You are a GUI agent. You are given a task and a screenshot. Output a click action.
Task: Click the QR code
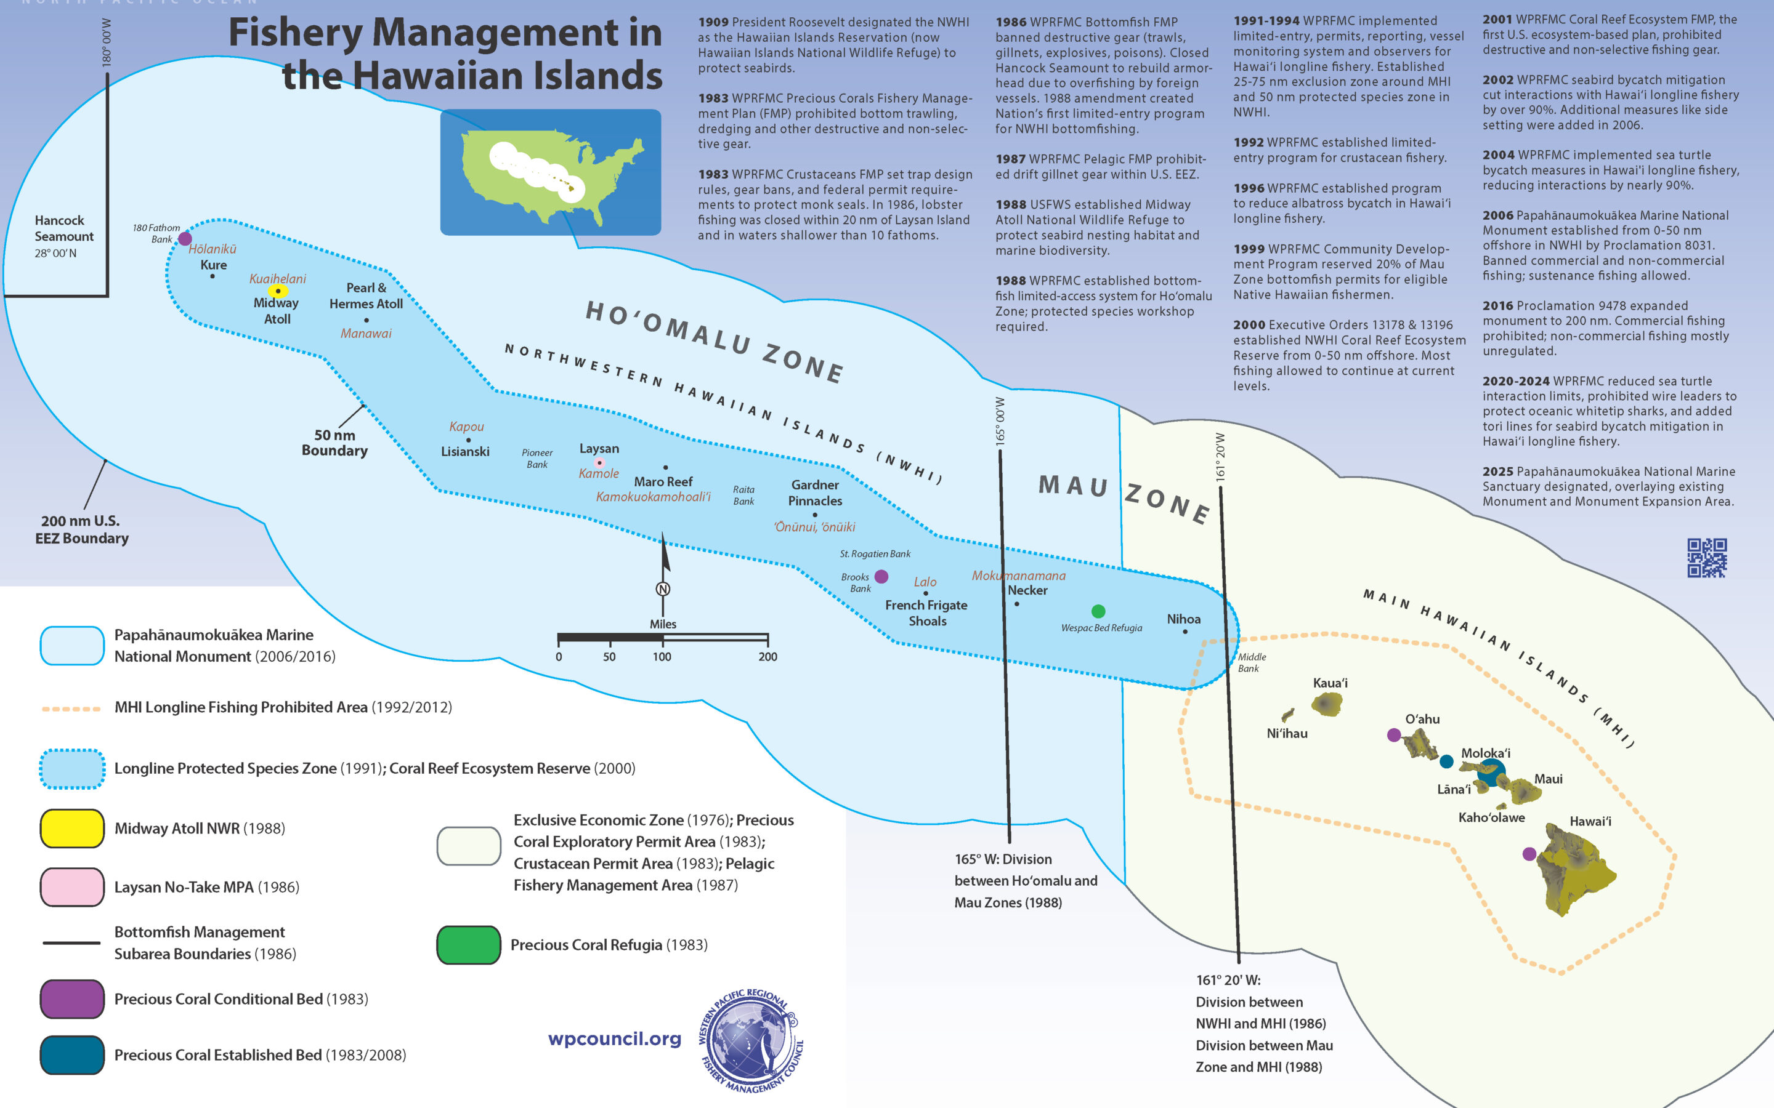[x=1707, y=558]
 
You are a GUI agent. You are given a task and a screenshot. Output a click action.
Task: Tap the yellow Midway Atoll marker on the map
[x=278, y=291]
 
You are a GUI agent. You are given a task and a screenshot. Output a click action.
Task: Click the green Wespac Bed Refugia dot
[x=1098, y=611]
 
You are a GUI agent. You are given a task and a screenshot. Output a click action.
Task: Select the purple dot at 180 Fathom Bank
[x=185, y=238]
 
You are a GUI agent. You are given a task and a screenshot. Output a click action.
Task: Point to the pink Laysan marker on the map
[x=599, y=462]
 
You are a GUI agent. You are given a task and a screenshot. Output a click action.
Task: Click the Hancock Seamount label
[x=64, y=228]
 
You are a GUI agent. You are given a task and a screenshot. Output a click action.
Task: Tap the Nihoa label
[x=1184, y=619]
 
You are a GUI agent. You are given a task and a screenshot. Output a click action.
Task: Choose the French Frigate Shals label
[x=926, y=613]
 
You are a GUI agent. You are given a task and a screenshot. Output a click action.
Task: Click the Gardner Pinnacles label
[x=815, y=492]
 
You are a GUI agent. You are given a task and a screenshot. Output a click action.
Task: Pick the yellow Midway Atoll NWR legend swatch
[x=72, y=829]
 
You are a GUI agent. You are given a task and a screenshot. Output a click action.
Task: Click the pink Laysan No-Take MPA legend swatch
[x=72, y=886]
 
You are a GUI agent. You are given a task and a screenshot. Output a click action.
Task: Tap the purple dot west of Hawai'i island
[x=1529, y=854]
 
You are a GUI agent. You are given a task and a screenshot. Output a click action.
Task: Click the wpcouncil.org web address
[x=614, y=1038]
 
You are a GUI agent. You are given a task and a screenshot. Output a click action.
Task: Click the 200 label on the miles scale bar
[x=768, y=657]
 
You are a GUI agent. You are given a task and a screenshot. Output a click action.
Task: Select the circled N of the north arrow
[x=663, y=589]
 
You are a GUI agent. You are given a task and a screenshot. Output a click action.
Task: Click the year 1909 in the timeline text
[x=713, y=22]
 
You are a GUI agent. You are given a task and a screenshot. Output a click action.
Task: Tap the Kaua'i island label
[x=1330, y=683]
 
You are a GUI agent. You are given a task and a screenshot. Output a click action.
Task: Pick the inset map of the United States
[x=551, y=172]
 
